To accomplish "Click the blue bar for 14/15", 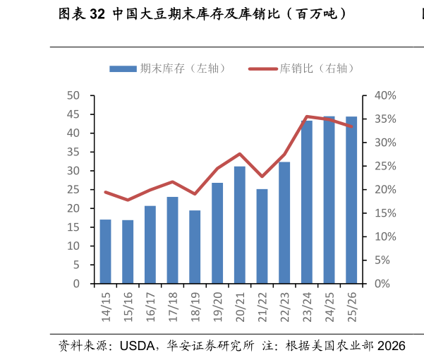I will (105, 252).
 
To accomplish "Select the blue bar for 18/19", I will (195, 247).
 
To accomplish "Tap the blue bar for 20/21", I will (240, 225).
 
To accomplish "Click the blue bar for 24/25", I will (329, 200).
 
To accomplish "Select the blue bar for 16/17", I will (150, 245).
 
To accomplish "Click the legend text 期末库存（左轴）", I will (183, 68).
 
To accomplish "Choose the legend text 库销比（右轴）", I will (317, 68).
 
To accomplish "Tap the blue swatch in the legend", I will (123, 68).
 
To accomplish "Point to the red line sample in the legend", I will (263, 68).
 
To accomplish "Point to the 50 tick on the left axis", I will (73, 96).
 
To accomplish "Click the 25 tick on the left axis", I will (73, 190).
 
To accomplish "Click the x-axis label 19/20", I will (218, 307).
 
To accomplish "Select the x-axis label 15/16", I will (128, 307).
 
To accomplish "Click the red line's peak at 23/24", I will (307, 116).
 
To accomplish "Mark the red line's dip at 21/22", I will (262, 176).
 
